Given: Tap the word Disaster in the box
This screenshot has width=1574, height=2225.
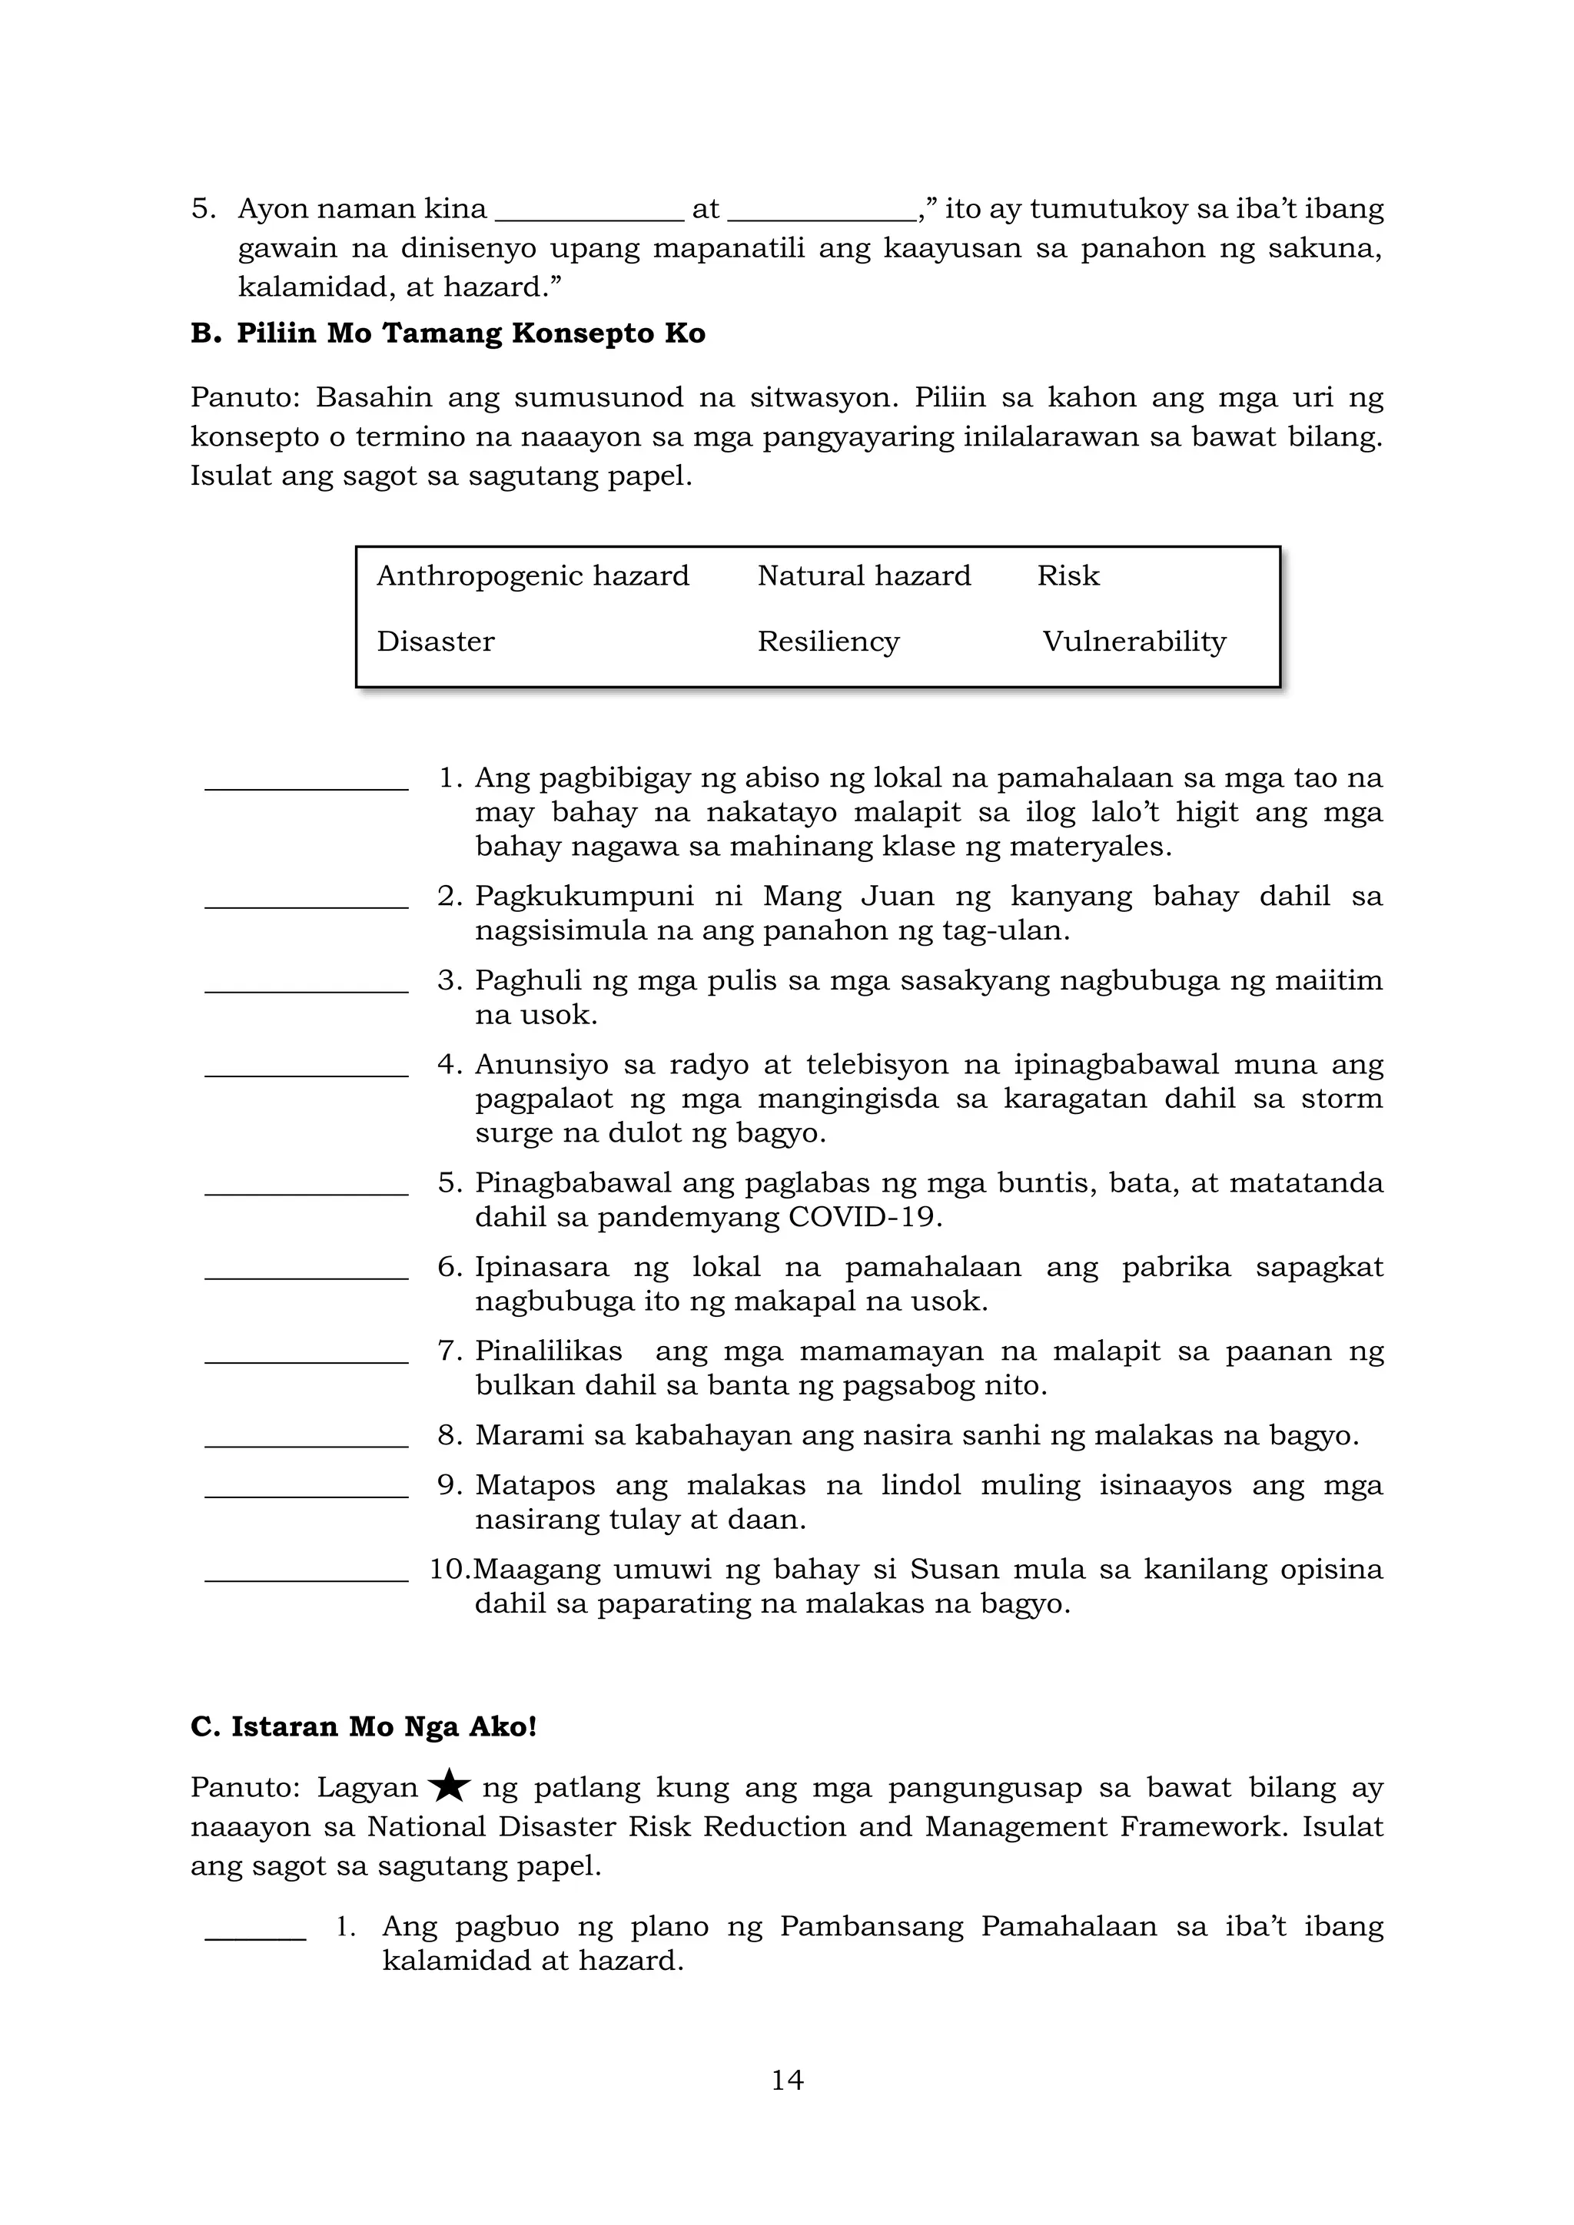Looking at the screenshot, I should (x=435, y=642).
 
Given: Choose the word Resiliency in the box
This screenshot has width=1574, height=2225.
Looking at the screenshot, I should (x=828, y=642).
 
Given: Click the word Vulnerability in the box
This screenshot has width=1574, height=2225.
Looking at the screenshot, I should (x=1134, y=642).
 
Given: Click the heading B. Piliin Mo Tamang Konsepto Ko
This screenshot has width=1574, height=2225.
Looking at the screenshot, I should (x=448, y=333).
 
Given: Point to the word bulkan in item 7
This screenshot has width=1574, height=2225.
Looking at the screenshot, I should (x=520, y=1384).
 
